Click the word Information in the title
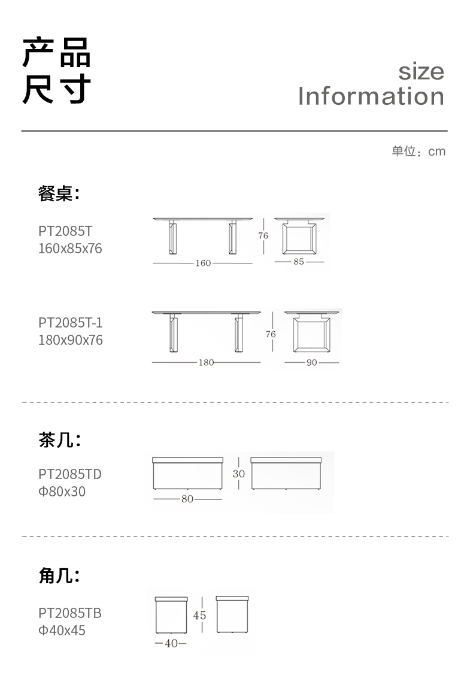pos(371,96)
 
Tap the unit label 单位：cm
pos(419,151)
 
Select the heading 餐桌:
pos(59,194)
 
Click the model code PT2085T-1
pos(71,323)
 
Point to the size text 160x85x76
pos(70,248)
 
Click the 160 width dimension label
pos(203,263)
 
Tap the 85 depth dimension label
pos(299,262)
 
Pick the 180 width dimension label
pos(205,362)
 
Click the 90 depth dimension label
pos(311,362)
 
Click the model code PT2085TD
pos(70,474)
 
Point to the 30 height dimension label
pos(239,473)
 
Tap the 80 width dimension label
pos(187,499)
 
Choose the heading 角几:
pos(59,576)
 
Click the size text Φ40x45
pos(62,631)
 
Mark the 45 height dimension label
pos(199,616)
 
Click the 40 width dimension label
pos(171,644)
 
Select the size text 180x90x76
pos(70,340)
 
